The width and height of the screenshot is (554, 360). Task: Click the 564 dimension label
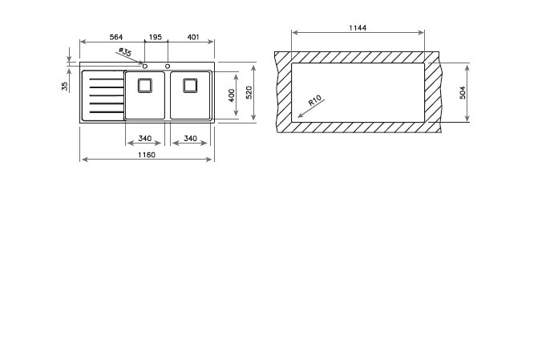tap(116, 37)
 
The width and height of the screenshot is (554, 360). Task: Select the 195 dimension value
tap(155, 37)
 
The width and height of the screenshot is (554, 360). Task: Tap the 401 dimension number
tap(193, 37)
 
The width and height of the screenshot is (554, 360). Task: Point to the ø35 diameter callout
tap(125, 52)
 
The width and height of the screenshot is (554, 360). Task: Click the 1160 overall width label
tap(147, 155)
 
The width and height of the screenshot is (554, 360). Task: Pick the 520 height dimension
tap(249, 92)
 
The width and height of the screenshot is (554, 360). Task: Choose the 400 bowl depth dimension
tap(232, 95)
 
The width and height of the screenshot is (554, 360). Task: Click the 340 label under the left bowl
tap(145, 138)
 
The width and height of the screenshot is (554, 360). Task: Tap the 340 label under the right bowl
tap(190, 138)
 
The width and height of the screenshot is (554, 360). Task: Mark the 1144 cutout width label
tap(358, 28)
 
